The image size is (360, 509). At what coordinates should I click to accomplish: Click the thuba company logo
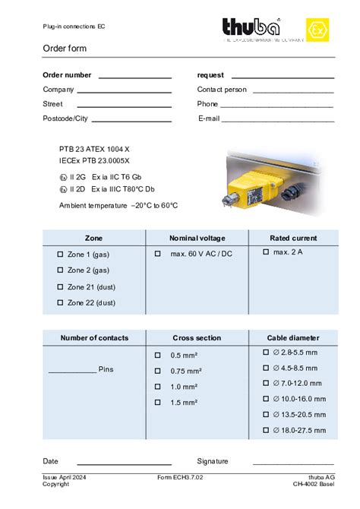251,29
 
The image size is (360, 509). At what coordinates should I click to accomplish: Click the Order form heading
65,49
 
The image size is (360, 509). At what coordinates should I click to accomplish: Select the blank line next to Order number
134,77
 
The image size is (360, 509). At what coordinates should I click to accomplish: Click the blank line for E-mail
277,120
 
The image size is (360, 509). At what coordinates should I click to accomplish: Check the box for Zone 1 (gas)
61,254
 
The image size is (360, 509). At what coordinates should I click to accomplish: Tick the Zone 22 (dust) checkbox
61,302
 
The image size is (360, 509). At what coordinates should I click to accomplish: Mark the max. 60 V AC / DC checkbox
158,253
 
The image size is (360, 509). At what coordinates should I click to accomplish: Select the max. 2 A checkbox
266,251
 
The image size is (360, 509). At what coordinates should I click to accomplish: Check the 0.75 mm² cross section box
158,371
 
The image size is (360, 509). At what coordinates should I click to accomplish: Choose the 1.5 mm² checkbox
158,403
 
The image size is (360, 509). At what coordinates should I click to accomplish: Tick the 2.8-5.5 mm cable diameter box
266,353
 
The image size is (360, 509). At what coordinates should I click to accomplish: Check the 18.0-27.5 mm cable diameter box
266,431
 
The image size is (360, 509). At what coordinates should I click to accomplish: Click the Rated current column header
293,238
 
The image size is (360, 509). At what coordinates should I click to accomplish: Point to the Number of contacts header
94,338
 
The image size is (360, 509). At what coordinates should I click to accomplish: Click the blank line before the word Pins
72,371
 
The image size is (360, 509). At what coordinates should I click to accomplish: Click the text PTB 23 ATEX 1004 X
94,149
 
